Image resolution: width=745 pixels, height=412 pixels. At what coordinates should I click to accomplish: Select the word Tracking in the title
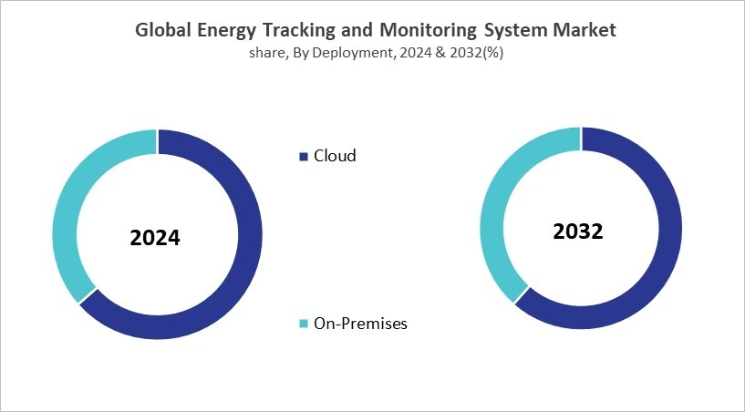(301, 31)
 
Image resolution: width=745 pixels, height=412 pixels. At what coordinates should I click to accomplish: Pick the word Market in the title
(585, 30)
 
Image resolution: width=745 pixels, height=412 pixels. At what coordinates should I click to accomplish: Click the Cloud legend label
(335, 156)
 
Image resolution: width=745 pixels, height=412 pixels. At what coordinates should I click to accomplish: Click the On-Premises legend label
(360, 324)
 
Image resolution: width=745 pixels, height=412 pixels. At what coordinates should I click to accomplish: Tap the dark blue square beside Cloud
(304, 157)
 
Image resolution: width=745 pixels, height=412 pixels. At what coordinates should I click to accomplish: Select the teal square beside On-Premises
(304, 324)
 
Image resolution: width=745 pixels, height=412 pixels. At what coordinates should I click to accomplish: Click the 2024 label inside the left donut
(155, 239)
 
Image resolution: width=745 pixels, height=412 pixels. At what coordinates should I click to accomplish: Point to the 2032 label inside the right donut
(578, 232)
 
